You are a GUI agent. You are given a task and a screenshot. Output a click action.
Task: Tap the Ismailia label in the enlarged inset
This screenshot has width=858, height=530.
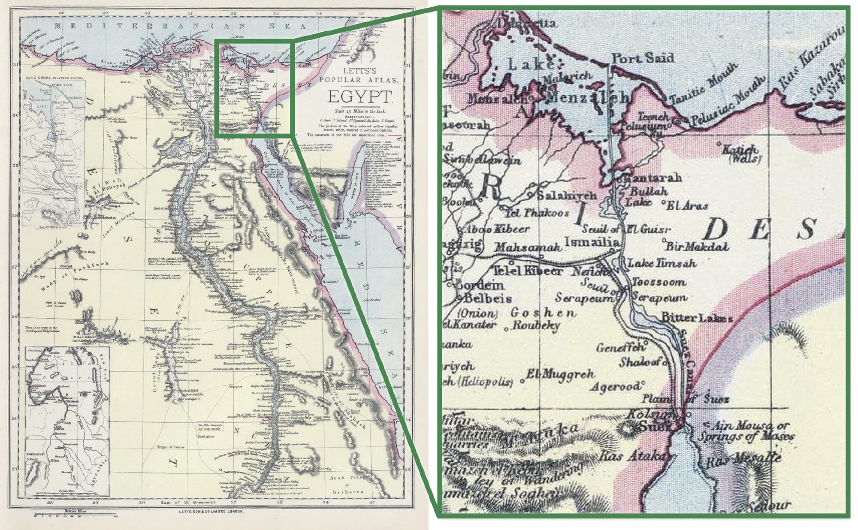[592, 242]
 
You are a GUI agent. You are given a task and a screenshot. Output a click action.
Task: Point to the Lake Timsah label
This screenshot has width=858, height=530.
[662, 263]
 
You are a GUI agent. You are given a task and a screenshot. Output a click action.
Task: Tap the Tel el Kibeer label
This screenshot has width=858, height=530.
[526, 271]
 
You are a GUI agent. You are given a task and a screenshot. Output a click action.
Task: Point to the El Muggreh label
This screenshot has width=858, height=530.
[560, 374]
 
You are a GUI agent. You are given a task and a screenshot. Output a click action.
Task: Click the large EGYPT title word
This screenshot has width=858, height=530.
[360, 97]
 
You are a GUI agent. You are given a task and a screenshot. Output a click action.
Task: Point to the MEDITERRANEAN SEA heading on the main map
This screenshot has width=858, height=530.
[180, 26]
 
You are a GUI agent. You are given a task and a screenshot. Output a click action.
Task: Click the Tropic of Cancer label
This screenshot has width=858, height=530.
[171, 447]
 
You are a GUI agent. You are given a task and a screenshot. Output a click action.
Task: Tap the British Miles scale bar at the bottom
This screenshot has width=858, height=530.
[75, 514]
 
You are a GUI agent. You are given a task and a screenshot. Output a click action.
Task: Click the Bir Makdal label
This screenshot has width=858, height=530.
[697, 247]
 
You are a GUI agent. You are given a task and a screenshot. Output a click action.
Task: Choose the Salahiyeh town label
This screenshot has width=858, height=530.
[566, 195]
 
